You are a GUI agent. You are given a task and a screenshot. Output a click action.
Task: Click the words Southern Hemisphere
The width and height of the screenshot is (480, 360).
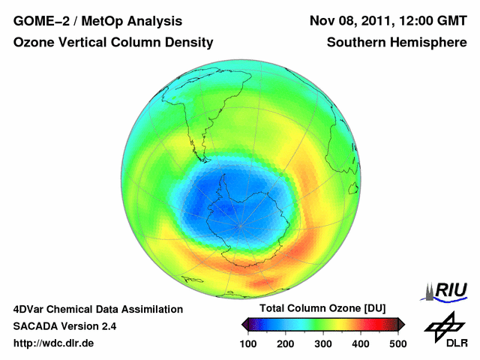point(397,43)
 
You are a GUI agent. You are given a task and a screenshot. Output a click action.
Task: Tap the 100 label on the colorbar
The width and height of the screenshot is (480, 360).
point(247,343)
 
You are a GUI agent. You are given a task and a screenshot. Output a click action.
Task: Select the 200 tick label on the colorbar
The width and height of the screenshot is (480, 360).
point(285,343)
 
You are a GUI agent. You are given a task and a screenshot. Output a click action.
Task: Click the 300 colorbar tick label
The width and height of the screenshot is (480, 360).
point(322,343)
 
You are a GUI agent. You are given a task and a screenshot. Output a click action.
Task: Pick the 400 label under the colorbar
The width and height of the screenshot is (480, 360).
point(360,343)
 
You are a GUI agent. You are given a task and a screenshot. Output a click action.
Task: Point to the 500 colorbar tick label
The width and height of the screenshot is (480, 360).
point(397,343)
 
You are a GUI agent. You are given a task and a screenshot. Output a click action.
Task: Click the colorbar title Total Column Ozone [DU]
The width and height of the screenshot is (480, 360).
point(322,309)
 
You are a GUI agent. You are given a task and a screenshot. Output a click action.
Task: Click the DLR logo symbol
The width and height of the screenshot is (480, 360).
point(444,326)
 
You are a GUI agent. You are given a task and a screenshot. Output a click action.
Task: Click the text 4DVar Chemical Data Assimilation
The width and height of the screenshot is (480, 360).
point(97,309)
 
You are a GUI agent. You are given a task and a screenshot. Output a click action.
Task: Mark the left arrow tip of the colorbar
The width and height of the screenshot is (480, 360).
point(243,324)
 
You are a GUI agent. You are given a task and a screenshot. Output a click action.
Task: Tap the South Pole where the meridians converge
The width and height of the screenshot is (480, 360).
point(240,223)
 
